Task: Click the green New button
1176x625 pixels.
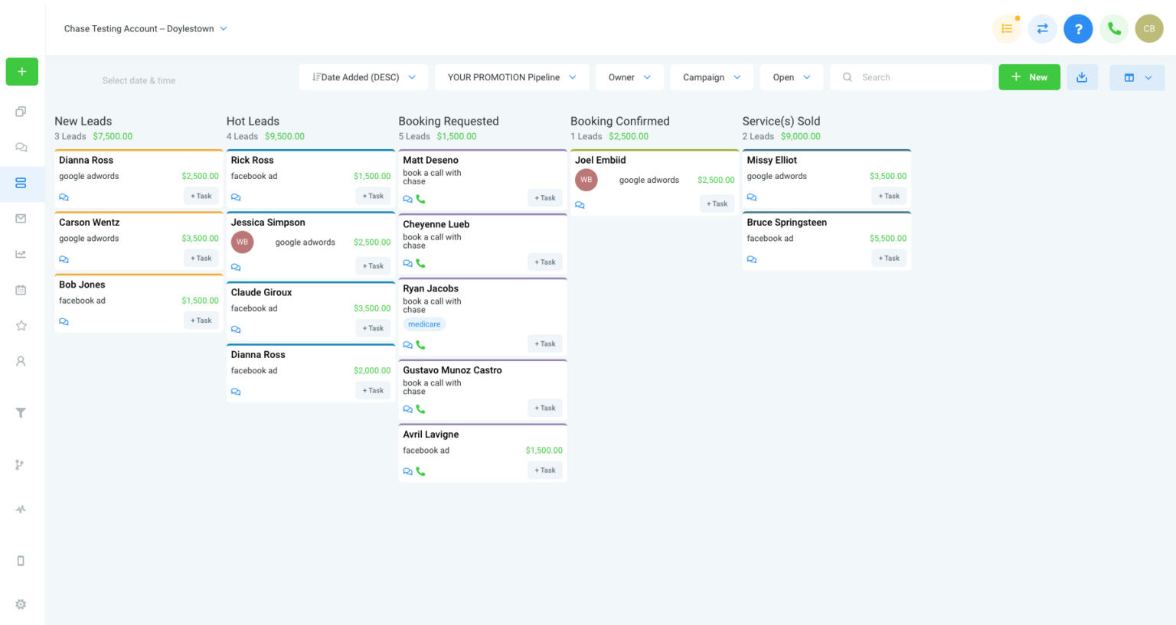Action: [1029, 77]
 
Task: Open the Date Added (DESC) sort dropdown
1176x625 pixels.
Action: [364, 77]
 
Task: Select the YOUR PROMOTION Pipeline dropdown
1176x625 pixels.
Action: [511, 77]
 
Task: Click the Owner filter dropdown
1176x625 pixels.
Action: [629, 77]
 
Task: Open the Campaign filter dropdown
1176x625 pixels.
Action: [711, 77]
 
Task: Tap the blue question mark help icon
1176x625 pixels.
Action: [1078, 29]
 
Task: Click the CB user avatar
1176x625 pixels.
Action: [1148, 29]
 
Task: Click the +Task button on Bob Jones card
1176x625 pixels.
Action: [201, 321]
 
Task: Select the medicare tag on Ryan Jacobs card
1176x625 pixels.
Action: [424, 324]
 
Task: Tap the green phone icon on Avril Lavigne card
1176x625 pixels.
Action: [421, 471]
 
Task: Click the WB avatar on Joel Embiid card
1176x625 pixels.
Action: [586, 180]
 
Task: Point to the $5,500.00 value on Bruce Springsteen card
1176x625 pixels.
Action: [887, 239]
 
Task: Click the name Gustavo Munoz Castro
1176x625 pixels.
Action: [452, 370]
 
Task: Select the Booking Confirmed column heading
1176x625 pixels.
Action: [619, 121]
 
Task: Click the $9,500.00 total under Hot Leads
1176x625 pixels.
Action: [285, 136]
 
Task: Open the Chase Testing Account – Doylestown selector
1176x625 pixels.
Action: [145, 29]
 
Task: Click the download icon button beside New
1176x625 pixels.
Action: [1082, 77]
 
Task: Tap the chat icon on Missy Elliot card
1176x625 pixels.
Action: [752, 197]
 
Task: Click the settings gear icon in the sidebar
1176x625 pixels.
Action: [21, 604]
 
